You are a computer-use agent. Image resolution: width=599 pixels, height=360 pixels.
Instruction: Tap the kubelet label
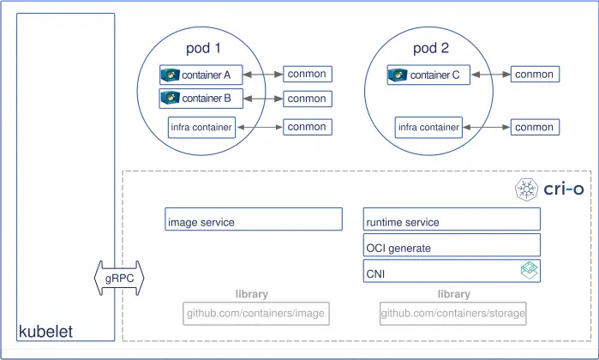[45, 331]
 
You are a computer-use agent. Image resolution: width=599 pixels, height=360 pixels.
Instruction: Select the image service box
[254, 221]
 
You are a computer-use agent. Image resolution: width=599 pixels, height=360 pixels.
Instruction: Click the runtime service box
[452, 221]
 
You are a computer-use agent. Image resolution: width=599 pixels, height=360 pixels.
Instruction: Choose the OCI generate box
[452, 248]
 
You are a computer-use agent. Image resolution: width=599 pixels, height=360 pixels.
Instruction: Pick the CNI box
[452, 273]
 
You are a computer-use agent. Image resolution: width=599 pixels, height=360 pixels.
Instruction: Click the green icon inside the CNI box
[529, 273]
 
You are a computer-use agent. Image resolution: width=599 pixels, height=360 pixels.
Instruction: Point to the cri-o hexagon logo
[524, 189]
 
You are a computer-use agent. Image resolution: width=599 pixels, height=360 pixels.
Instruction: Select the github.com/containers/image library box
[255, 314]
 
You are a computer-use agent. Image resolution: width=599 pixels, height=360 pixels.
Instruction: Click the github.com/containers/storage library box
[452, 314]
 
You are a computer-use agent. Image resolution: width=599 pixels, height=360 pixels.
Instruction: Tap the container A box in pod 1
[201, 75]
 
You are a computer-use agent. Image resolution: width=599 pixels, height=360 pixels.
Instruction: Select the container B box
[201, 99]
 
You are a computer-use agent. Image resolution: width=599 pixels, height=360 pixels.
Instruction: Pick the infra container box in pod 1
[201, 128]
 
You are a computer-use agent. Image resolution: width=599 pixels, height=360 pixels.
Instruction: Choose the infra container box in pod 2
[428, 128]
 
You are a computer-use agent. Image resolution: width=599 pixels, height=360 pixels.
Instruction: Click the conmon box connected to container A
[307, 75]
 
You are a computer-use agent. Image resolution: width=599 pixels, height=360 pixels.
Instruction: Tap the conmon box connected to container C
[534, 75]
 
